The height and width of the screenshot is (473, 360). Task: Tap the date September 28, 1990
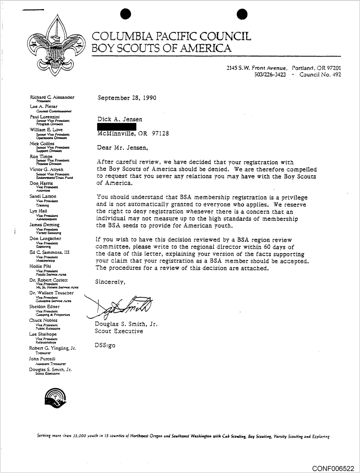[x=127, y=98]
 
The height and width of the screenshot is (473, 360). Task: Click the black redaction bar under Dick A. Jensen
[x=117, y=126]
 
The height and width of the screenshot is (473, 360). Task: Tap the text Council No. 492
[x=320, y=75]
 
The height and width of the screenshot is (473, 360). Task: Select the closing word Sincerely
[x=110, y=282]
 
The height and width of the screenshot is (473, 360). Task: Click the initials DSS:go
[x=105, y=345]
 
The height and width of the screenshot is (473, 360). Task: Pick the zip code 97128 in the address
[x=160, y=133]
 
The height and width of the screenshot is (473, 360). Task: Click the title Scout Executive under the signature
[x=119, y=331]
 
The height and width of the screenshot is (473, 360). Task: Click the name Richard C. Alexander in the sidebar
[x=52, y=97]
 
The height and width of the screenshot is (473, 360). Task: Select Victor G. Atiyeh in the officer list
[x=46, y=170]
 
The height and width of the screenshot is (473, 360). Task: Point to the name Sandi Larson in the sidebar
[x=43, y=196]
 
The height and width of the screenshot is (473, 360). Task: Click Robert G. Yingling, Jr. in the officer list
[x=52, y=348]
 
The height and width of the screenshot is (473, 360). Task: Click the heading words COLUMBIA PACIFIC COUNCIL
[x=171, y=36]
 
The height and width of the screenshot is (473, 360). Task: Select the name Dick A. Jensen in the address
[x=120, y=119]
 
